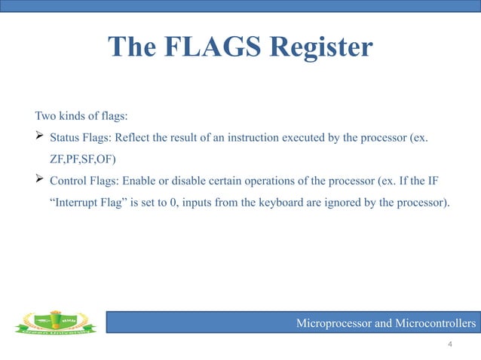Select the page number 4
450,344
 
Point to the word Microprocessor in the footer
334,324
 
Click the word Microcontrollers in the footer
434,324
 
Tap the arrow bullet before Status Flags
40,138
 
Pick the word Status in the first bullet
65,139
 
